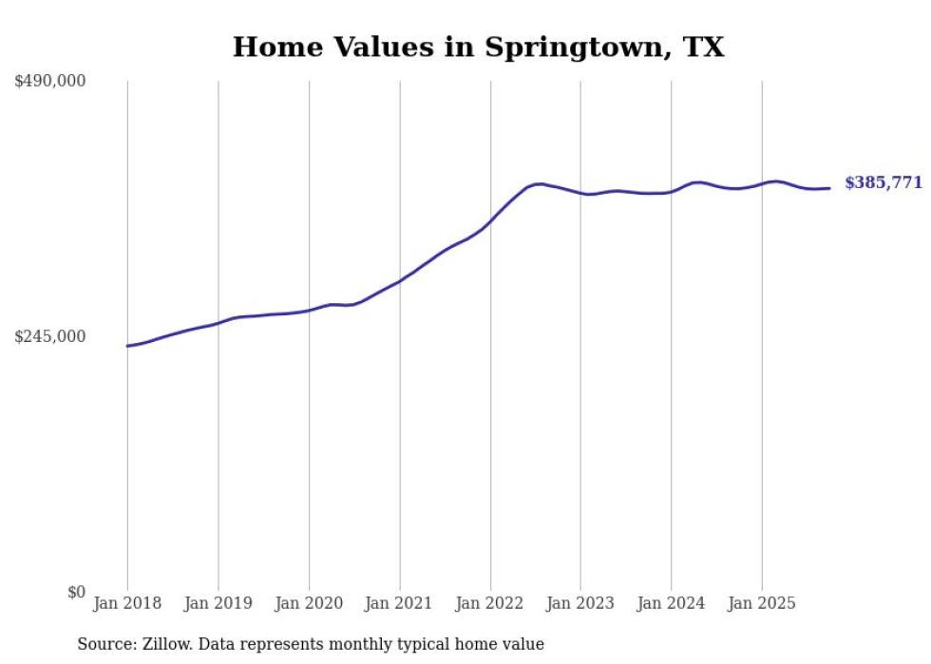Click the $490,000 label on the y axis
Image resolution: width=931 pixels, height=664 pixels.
point(49,82)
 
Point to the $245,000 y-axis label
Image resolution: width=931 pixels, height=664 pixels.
point(49,336)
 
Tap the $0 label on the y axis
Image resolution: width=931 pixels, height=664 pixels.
point(76,592)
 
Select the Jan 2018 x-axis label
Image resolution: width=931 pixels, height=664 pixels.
point(127,603)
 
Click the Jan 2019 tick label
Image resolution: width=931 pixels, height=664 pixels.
point(218,603)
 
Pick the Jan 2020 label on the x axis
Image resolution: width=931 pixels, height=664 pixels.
point(309,603)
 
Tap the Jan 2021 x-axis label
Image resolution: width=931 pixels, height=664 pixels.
point(399,603)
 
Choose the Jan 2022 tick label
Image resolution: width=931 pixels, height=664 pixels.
point(490,603)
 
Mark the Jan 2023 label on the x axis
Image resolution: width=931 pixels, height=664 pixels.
point(580,603)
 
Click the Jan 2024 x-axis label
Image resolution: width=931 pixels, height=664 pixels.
point(671,603)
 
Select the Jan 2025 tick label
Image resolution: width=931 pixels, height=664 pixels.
point(761,603)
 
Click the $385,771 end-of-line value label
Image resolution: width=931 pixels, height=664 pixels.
point(883,183)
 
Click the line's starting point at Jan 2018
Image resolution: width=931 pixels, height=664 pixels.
point(127,346)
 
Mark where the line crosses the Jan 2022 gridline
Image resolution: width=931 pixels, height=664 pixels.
point(490,221)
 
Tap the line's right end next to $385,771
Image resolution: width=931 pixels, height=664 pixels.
point(830,188)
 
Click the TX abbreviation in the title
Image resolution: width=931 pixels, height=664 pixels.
point(704,47)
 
